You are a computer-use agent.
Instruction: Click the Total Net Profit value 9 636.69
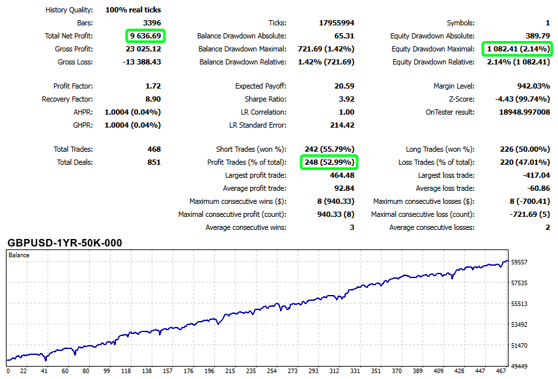[x=146, y=36]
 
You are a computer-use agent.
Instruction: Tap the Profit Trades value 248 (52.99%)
[x=329, y=162]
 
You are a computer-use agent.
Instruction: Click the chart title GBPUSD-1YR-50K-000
[x=64, y=243]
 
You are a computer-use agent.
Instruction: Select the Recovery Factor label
[x=67, y=99]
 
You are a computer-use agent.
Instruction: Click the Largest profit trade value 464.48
[x=341, y=175]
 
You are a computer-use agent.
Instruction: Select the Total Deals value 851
[x=154, y=162]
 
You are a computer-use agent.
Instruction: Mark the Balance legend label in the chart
[x=19, y=255]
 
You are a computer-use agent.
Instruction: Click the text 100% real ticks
[x=133, y=10]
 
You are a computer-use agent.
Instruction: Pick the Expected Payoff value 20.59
[x=343, y=86]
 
